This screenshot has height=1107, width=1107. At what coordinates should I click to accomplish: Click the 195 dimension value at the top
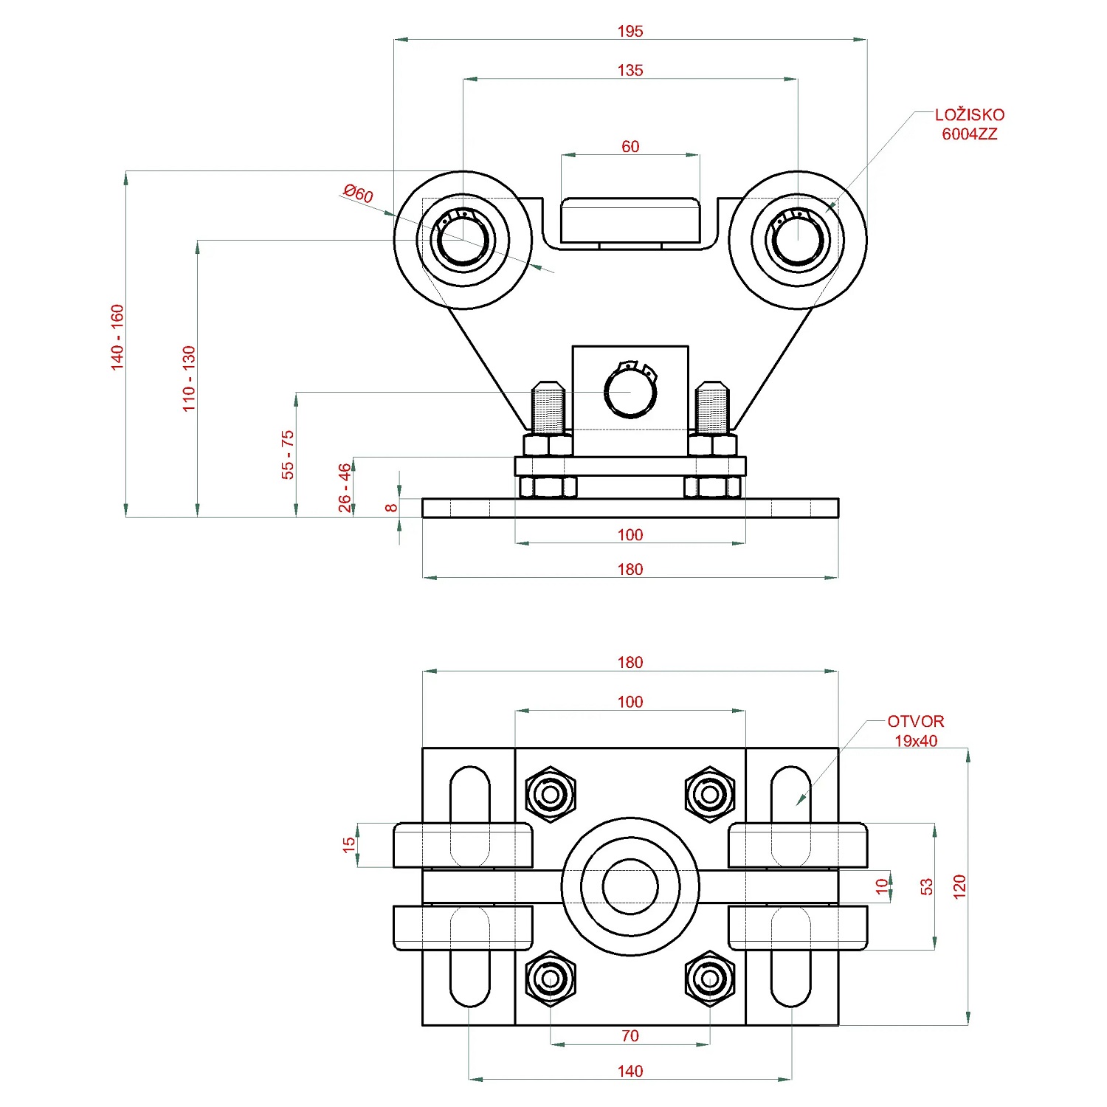click(630, 31)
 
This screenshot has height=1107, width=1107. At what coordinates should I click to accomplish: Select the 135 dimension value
click(630, 70)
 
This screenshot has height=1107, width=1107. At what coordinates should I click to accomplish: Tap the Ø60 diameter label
click(359, 193)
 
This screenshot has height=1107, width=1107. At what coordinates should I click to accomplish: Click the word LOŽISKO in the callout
click(969, 115)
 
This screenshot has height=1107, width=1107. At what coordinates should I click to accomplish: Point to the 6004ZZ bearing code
click(969, 134)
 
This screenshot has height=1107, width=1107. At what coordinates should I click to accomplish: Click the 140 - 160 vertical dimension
click(117, 337)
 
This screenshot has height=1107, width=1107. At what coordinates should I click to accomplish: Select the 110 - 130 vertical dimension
click(190, 379)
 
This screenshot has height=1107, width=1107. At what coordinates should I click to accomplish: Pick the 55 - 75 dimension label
click(288, 455)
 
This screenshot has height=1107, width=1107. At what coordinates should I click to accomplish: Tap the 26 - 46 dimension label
click(345, 488)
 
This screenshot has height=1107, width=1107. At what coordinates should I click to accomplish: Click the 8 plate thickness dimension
click(391, 508)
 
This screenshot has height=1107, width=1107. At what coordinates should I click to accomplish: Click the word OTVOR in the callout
click(915, 721)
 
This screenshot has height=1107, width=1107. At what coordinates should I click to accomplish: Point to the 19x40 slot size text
click(916, 741)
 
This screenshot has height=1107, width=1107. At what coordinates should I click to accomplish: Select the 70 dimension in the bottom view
click(630, 1035)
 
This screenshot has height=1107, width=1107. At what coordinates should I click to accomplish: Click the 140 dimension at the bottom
click(630, 1071)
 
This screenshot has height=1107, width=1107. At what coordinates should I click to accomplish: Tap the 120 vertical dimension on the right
click(959, 886)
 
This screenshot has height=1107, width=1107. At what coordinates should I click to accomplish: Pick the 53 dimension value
click(927, 886)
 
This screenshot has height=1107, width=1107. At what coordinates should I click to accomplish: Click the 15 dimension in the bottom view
click(349, 845)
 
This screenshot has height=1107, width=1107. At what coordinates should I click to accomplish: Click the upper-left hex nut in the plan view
click(551, 794)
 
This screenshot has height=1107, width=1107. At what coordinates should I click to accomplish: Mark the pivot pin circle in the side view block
click(630, 392)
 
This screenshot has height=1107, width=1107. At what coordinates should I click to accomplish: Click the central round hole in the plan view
click(630, 886)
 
